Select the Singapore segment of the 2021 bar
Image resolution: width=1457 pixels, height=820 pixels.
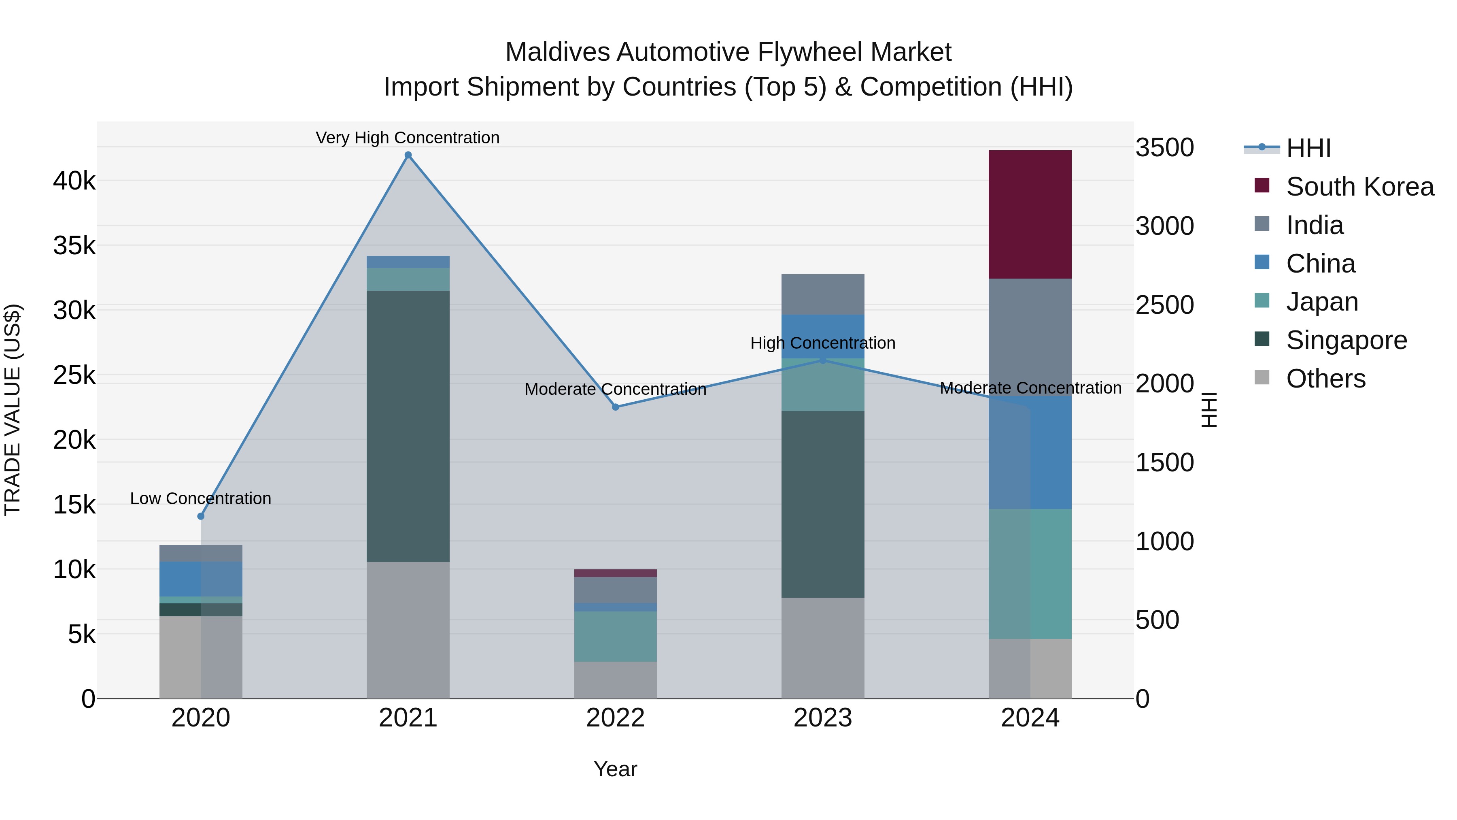click(x=408, y=426)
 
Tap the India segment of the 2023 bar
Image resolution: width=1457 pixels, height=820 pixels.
click(x=822, y=294)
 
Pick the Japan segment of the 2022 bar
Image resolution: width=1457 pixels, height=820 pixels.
click(x=615, y=636)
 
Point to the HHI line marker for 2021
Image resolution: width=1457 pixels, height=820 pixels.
click(x=408, y=155)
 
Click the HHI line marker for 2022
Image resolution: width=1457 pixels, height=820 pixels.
click(x=615, y=407)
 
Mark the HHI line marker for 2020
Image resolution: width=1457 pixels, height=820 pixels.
click(x=201, y=516)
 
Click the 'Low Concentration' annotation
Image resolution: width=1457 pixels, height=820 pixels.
click(x=201, y=498)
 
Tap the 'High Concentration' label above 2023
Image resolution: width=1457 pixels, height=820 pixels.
click(x=822, y=343)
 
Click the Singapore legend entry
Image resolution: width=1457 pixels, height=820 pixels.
click(x=1346, y=340)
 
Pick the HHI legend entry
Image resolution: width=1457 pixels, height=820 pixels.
click(x=1308, y=148)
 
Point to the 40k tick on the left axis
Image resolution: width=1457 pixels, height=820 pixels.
click(x=74, y=181)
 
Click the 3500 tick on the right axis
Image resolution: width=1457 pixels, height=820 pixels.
click(x=1164, y=148)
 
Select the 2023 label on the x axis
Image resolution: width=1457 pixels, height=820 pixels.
click(x=822, y=718)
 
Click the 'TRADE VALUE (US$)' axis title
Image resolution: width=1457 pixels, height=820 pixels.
click(x=13, y=410)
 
